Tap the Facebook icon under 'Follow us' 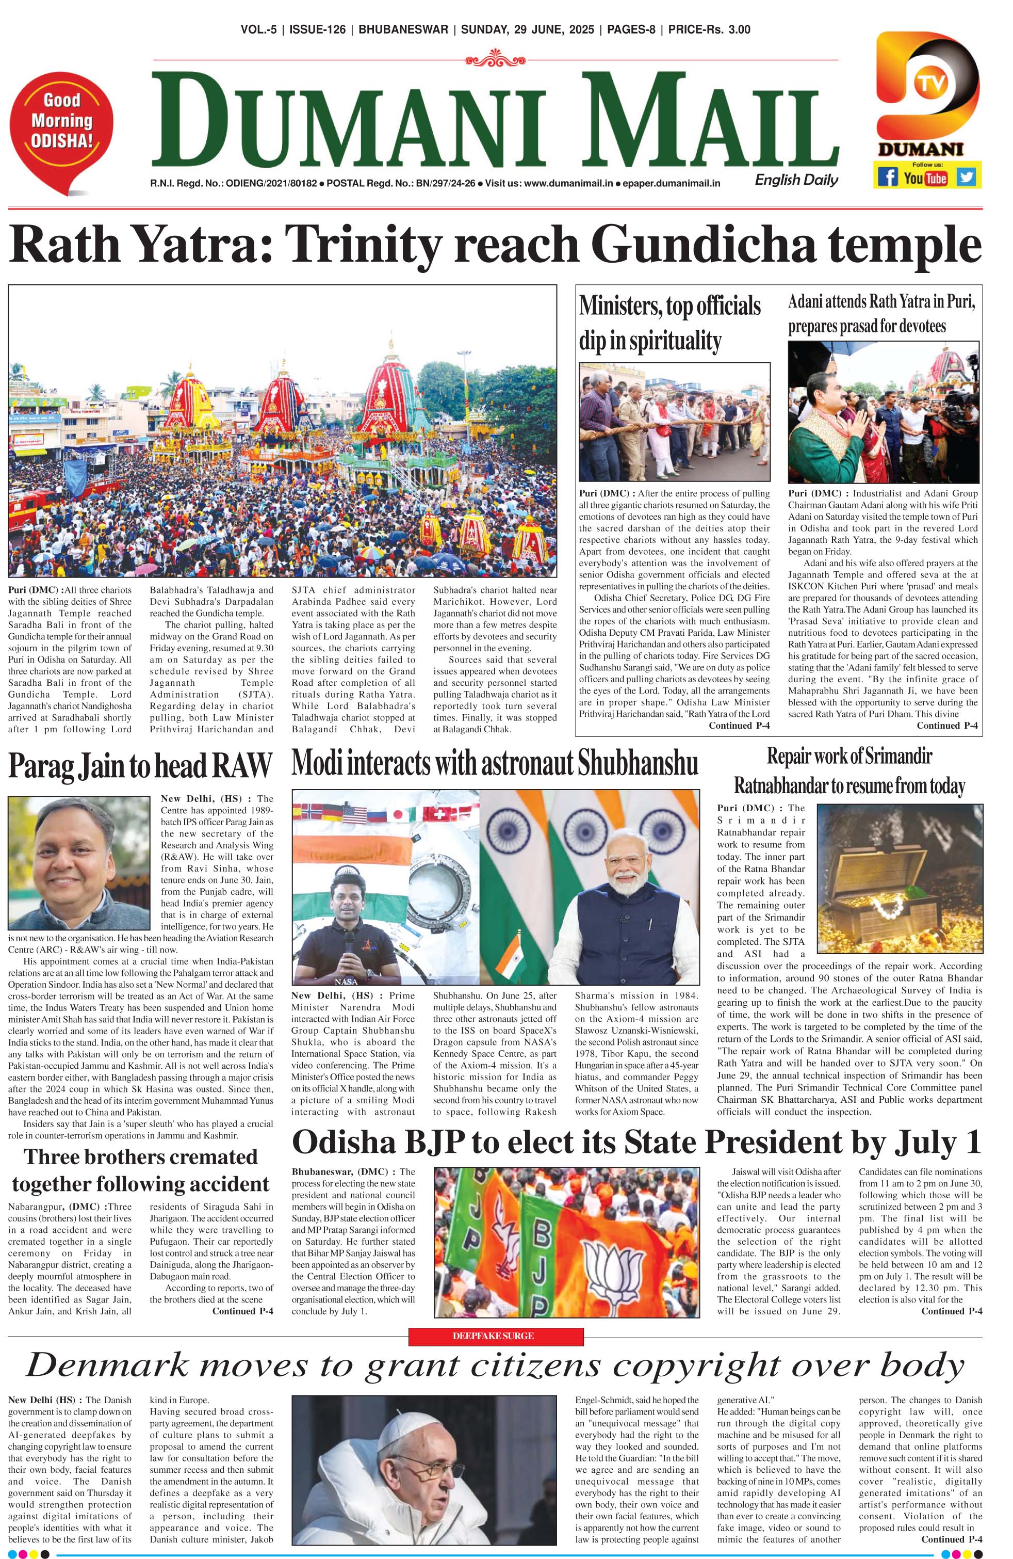(887, 177)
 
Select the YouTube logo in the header (925, 178)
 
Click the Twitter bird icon (966, 177)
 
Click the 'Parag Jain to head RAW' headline (139, 766)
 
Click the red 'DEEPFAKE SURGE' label (495, 1336)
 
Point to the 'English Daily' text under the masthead (796, 180)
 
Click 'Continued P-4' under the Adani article (947, 725)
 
